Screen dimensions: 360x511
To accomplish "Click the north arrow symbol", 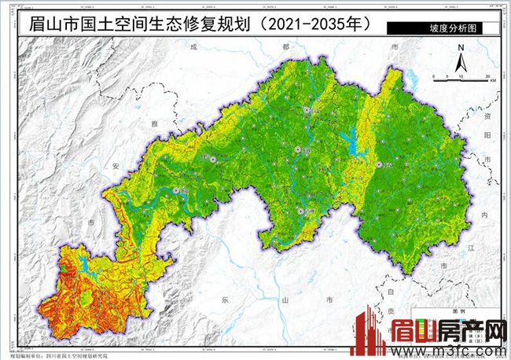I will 463,57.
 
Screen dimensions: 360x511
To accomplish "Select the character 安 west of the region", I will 116,167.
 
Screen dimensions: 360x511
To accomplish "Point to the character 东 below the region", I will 223,299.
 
